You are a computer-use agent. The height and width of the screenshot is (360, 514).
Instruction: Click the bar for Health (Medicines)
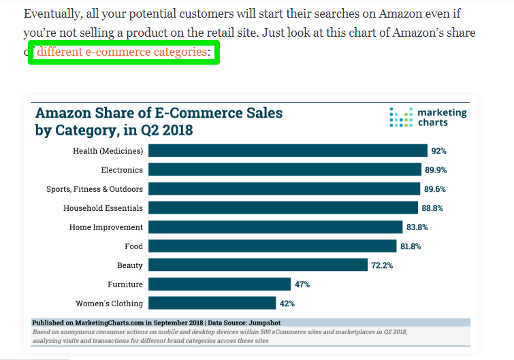pyautogui.click(x=287, y=150)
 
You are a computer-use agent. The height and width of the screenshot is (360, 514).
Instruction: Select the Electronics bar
pyautogui.click(x=285, y=169)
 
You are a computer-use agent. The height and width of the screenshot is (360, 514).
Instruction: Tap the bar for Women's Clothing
pyautogui.click(x=212, y=303)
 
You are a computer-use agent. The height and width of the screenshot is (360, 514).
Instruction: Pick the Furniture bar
pyautogui.click(x=219, y=284)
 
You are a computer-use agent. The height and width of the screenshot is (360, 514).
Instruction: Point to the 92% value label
pyautogui.click(x=438, y=150)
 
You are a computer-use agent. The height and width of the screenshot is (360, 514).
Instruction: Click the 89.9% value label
pyautogui.click(x=436, y=169)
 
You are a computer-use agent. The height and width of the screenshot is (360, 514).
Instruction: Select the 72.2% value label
pyautogui.click(x=382, y=265)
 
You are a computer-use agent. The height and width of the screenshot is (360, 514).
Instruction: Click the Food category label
pyautogui.click(x=134, y=246)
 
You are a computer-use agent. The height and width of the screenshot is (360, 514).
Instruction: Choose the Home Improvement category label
pyautogui.click(x=106, y=227)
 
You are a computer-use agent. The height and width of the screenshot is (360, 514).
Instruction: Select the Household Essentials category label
pyautogui.click(x=103, y=208)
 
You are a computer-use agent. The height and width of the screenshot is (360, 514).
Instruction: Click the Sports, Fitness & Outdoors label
pyautogui.click(x=95, y=189)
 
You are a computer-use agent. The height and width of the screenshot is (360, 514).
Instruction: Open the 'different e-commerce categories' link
pyautogui.click(x=123, y=52)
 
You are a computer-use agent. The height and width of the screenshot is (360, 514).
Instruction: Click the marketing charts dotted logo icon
pyautogui.click(x=400, y=117)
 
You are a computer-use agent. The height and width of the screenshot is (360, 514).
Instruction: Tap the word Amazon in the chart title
pyautogui.click(x=63, y=113)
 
